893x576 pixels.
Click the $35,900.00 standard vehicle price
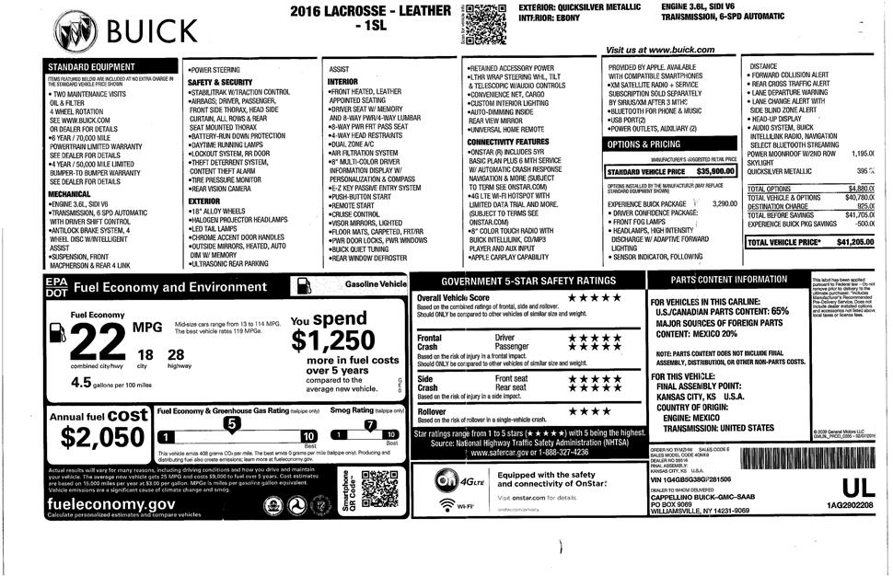[715, 171]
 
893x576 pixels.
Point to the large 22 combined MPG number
[96, 345]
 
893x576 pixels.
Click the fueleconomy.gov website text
[100, 504]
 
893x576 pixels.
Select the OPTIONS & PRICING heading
[644, 144]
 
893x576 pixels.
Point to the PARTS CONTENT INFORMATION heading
[728, 279]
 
